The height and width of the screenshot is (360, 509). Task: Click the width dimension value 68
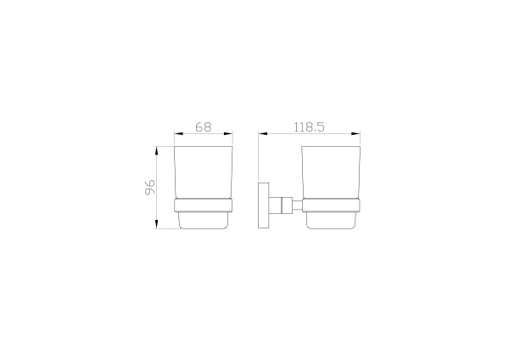203,127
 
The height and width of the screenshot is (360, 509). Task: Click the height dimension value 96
149,187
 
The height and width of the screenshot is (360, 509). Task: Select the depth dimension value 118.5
309,127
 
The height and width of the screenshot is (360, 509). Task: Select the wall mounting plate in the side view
262,204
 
